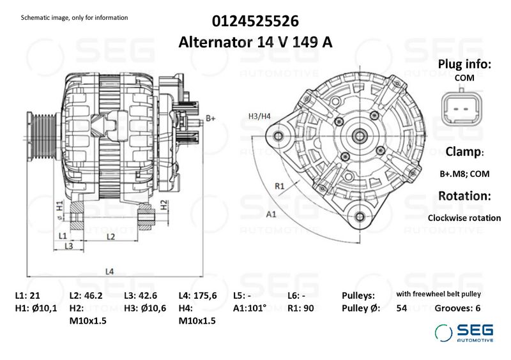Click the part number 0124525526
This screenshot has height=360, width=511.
255,21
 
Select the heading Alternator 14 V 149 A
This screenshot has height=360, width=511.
255,42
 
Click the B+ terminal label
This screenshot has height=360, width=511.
211,118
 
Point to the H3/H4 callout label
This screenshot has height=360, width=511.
259,116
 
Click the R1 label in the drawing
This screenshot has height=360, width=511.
280,186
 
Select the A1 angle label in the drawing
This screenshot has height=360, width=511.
271,214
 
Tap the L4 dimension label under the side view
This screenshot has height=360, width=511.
109,271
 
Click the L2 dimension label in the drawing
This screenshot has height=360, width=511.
111,236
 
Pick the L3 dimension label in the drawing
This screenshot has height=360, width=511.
69,246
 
